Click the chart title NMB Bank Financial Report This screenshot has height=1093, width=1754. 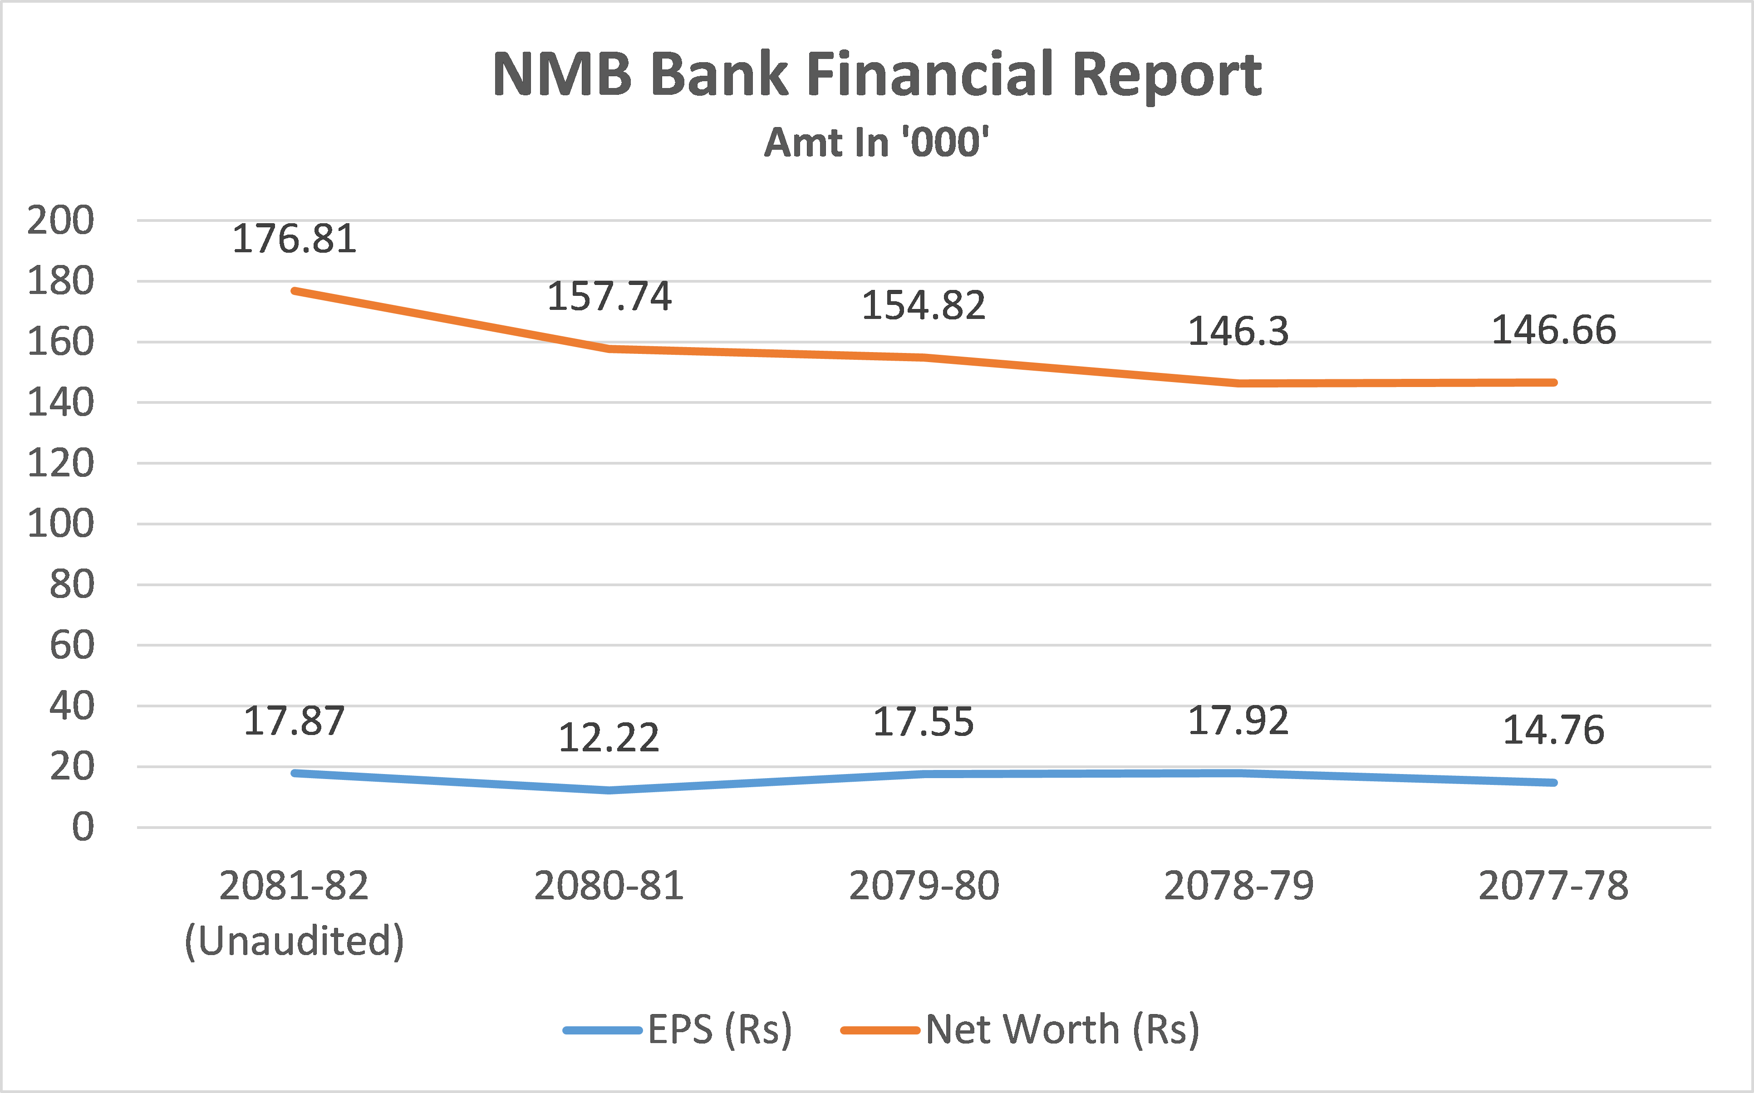876,74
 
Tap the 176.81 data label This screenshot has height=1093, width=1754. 294,239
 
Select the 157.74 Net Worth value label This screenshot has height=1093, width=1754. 609,296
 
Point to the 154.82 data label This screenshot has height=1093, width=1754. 923,305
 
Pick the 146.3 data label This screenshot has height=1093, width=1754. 1238,331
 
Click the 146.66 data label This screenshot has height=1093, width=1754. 1553,330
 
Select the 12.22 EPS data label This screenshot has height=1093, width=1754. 609,738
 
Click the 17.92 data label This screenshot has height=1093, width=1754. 1238,720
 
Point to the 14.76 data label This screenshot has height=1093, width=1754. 1553,730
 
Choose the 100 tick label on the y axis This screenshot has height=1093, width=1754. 61,524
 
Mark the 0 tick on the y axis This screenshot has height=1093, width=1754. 83,827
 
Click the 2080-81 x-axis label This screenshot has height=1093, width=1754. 609,886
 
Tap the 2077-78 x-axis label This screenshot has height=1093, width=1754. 1553,886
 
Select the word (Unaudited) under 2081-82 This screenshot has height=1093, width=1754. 294,941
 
